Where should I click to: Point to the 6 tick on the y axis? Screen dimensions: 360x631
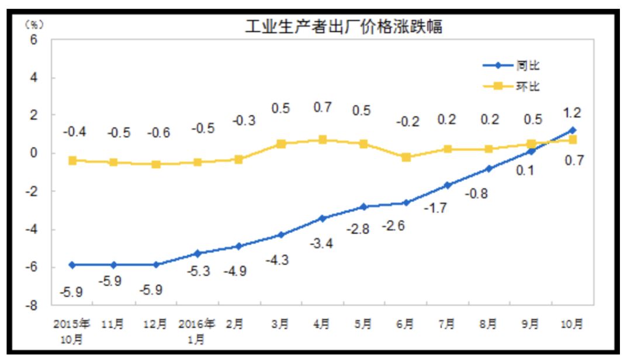click(x=34, y=40)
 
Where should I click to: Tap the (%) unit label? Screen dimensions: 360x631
click(x=33, y=25)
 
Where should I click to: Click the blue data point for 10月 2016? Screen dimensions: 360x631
click(x=572, y=130)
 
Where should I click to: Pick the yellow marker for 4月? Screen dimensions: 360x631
click(x=323, y=140)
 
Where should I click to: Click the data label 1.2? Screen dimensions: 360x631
click(x=572, y=113)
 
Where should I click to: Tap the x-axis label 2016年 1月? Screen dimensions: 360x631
click(x=197, y=331)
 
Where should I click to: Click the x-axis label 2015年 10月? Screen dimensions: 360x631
click(x=72, y=331)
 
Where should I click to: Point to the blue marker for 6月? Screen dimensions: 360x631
click(x=406, y=203)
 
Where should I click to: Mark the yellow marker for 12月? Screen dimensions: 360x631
click(x=156, y=164)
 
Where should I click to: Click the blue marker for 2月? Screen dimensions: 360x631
click(x=238, y=246)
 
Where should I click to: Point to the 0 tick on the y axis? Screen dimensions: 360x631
click(x=34, y=154)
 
